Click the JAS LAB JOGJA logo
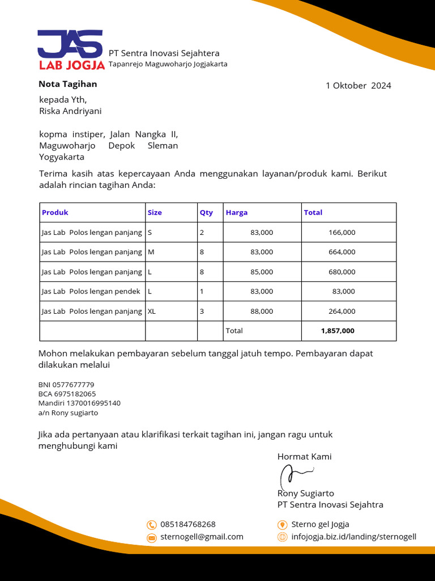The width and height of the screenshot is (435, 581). point(71,50)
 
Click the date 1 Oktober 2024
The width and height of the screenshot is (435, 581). point(358,86)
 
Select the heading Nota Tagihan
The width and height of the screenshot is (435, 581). point(67,84)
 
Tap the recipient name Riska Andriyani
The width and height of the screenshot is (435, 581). point(70,111)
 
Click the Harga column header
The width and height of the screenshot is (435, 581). point(237,213)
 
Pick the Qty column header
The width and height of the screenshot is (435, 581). point(206,213)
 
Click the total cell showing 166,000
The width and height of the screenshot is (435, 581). point(342,233)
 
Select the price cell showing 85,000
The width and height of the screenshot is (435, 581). point(261,272)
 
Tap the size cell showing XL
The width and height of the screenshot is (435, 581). point(152,311)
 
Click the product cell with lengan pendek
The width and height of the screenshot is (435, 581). point(91,291)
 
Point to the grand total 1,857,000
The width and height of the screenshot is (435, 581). point(338,331)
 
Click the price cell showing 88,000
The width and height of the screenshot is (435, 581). point(261,311)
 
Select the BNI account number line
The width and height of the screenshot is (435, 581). point(66,385)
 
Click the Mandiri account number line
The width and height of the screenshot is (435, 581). point(79,403)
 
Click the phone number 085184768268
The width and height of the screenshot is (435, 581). point(188,524)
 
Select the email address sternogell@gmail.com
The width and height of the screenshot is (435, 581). point(202,537)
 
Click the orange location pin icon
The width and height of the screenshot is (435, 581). point(282,525)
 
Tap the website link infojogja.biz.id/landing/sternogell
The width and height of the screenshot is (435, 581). point(353,537)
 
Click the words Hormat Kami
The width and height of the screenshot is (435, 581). point(304,457)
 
